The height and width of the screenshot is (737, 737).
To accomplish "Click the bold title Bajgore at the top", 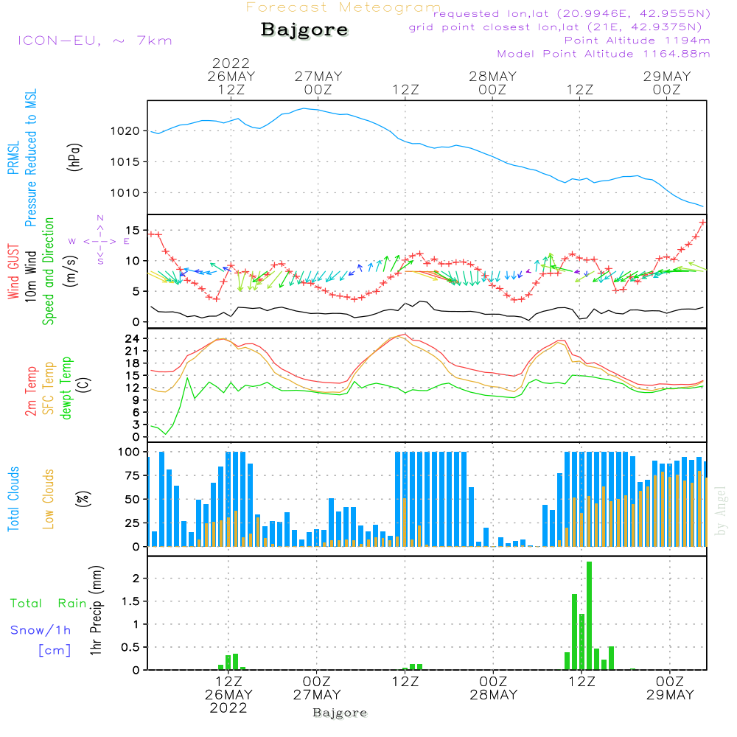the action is click(x=304, y=30).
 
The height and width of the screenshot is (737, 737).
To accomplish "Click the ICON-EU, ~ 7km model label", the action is click(x=95, y=41).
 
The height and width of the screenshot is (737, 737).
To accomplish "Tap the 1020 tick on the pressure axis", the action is click(x=125, y=131).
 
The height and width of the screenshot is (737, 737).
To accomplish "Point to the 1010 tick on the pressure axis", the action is click(x=125, y=192).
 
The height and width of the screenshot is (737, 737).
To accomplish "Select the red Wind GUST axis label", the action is click(x=13, y=272).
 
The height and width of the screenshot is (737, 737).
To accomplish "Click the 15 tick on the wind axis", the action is click(x=133, y=230).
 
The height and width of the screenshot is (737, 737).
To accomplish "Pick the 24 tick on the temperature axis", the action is click(x=133, y=339).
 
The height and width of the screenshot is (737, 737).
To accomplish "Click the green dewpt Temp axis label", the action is click(x=66, y=388).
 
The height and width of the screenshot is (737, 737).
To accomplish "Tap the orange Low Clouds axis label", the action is click(x=48, y=499).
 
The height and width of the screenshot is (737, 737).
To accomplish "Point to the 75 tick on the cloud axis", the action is click(x=133, y=475).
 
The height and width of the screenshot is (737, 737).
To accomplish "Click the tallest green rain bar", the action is click(x=589, y=615).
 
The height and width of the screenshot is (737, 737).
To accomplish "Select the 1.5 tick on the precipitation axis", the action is click(x=130, y=601).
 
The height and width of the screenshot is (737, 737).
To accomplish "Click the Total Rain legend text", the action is click(x=49, y=604).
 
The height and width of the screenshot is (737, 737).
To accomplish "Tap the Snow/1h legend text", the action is click(x=41, y=630).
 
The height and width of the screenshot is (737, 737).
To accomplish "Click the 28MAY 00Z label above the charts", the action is click(x=492, y=83).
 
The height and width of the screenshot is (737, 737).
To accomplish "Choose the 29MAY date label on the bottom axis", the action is click(x=670, y=695).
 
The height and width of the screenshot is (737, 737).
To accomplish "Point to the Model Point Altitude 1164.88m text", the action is click(x=604, y=54).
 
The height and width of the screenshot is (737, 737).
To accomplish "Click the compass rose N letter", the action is click(x=100, y=218).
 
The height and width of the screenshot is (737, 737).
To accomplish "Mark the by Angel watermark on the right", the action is click(x=721, y=511).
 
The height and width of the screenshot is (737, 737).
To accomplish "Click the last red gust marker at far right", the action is click(x=703, y=223).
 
